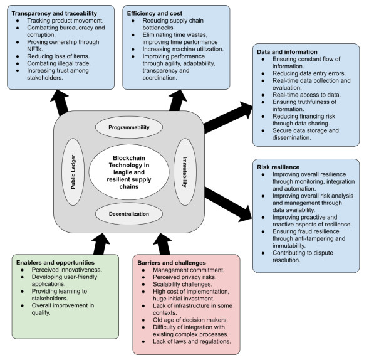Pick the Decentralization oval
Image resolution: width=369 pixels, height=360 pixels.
(x=130, y=213)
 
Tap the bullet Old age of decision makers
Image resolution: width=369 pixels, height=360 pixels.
(x=188, y=321)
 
